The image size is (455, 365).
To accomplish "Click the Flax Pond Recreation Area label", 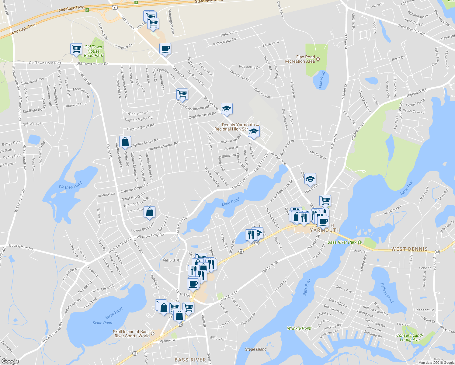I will coord(300,59).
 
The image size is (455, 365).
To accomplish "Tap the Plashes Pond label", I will coord(70,186).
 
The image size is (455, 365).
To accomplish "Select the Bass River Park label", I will coord(342,242).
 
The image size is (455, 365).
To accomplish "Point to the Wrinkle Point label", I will coord(299,328).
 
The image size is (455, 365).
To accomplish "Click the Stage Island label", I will coord(256,349).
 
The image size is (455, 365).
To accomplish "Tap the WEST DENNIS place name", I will coord(409,249).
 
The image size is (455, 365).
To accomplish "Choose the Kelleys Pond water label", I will coord(387,293).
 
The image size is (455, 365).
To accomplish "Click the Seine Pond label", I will coord(102,323).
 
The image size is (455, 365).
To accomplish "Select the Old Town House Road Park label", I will coord(93,51).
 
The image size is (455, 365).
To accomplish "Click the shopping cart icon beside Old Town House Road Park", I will coord(76,49).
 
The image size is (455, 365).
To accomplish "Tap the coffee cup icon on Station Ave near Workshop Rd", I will coord(165,49).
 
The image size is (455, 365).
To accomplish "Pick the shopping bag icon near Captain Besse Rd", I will coord(125,142).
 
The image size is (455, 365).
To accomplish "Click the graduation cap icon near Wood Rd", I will coord(310,179).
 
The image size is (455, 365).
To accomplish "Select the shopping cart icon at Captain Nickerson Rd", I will coord(182,94).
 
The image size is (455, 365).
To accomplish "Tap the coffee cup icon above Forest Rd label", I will coord(193,284).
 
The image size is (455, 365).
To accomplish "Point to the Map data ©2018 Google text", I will coord(436,363).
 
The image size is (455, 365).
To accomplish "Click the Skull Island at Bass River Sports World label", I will coord(131,334).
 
